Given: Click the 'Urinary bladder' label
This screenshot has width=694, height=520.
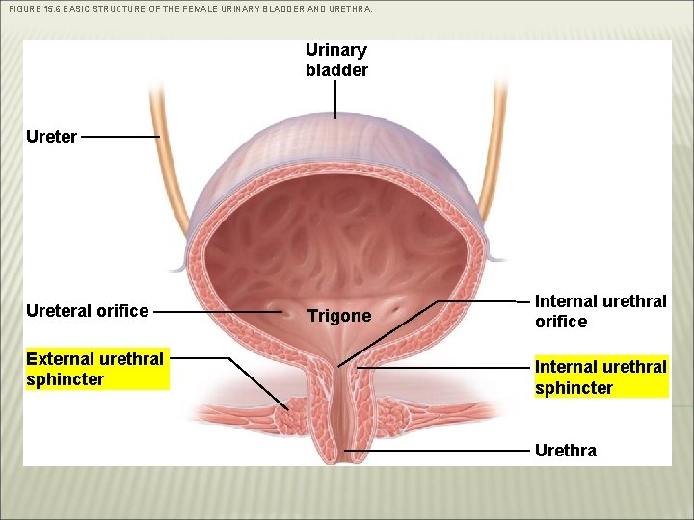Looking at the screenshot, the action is pyautogui.click(x=336, y=60).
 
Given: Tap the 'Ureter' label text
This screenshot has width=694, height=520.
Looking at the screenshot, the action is pyautogui.click(x=52, y=137).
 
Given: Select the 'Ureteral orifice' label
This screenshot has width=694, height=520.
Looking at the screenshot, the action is pyautogui.click(x=88, y=311).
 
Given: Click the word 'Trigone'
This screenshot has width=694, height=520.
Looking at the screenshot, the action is pyautogui.click(x=338, y=316).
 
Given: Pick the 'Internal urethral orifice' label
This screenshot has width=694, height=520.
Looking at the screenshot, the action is pyautogui.click(x=601, y=311).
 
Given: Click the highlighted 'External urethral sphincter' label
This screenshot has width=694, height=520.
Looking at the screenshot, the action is pyautogui.click(x=94, y=369).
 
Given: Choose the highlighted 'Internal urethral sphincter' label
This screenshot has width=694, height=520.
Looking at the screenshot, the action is pyautogui.click(x=601, y=377).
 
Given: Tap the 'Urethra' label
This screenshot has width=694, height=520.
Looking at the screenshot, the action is pyautogui.click(x=565, y=450).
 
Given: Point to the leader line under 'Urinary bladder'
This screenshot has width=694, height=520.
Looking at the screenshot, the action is pyautogui.click(x=335, y=99).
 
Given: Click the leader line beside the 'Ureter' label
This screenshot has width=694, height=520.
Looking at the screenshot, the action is pyautogui.click(x=120, y=137).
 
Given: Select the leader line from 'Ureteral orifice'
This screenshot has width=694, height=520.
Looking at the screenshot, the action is pyautogui.click(x=218, y=312).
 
